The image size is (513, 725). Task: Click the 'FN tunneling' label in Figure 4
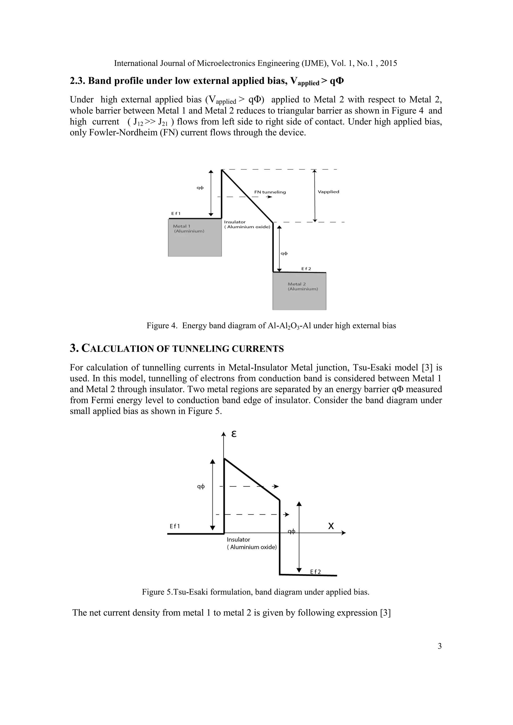coord(270,192)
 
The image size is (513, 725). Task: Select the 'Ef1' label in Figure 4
coord(176,214)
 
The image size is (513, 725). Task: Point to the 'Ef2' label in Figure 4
coord(306,269)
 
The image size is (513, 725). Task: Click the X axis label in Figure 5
coord(331,526)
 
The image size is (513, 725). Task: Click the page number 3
coord(439,646)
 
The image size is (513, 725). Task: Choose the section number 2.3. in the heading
coord(77,81)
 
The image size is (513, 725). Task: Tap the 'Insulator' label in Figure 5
coord(238,540)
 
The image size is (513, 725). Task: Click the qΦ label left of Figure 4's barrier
coord(200,188)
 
